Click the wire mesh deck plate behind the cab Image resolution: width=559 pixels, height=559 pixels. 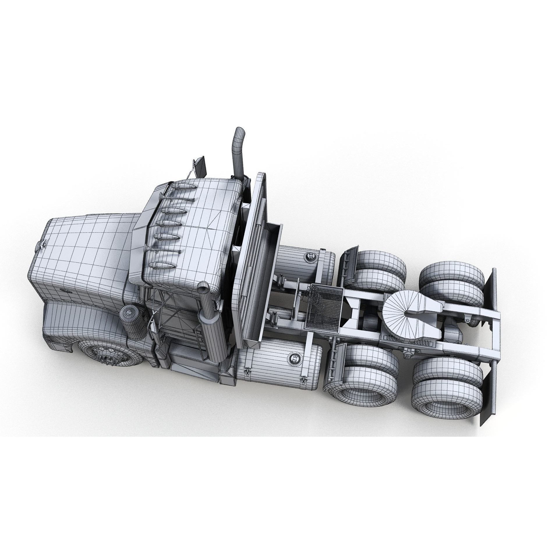click(325, 307)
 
